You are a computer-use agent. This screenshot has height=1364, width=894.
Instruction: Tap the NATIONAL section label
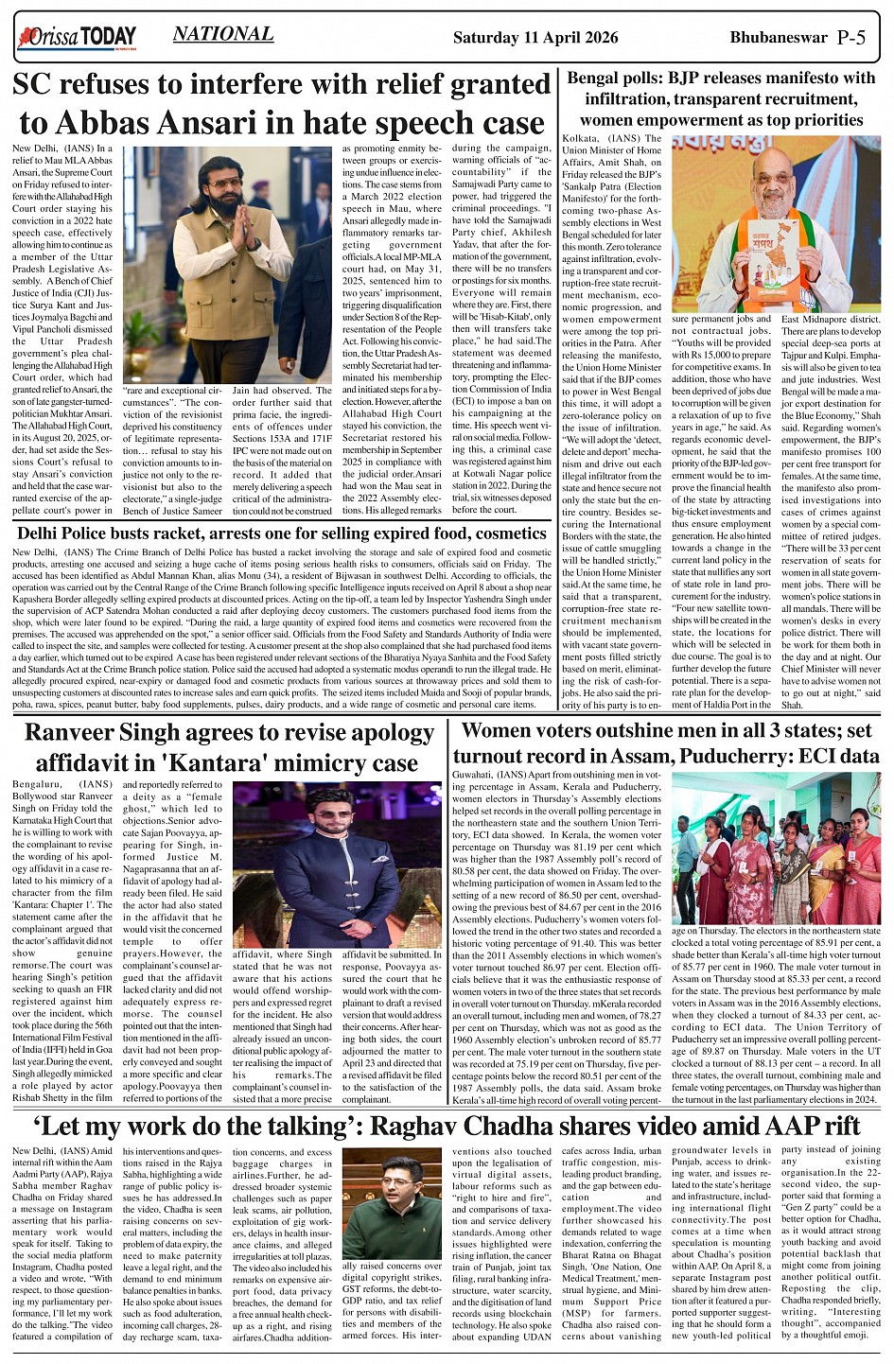tap(223, 35)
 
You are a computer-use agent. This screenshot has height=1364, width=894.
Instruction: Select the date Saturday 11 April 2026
tap(535, 38)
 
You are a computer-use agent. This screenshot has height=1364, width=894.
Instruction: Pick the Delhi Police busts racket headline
tap(282, 533)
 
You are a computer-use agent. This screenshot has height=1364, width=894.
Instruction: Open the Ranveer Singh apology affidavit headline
tap(228, 747)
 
